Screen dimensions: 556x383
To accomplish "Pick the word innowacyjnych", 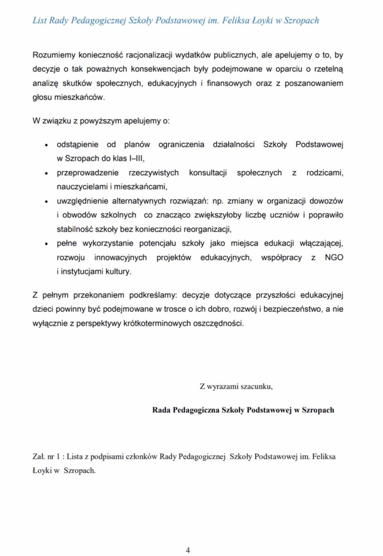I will [121, 258].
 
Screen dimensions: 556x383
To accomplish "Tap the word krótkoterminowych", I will [149, 323].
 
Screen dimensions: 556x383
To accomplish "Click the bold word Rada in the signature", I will [161, 410].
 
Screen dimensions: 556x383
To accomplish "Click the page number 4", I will [188, 550].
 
